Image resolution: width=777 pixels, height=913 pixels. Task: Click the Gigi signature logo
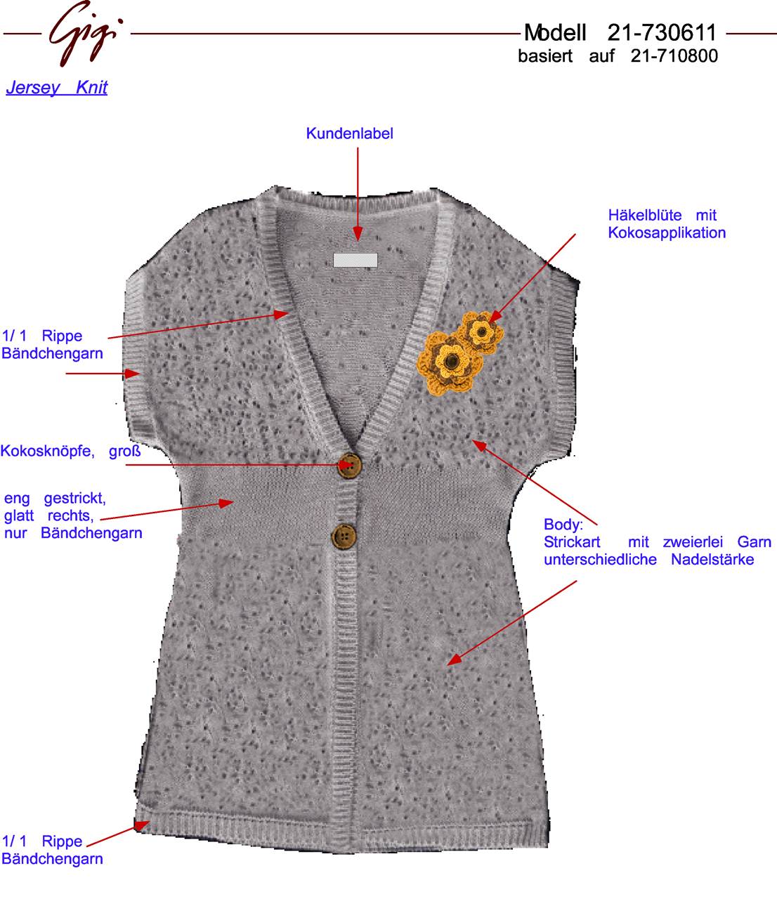85,33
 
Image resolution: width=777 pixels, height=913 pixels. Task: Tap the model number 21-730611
662,32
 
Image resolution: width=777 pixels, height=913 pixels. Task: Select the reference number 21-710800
674,56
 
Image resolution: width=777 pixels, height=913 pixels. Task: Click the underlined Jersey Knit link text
57,88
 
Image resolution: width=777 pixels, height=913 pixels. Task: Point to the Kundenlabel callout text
350,133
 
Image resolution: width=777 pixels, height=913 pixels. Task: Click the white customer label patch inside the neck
355,260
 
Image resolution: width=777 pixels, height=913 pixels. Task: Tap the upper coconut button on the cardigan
349,465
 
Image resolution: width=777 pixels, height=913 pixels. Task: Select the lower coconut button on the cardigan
344,537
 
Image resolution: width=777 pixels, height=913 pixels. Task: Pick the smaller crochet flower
481,331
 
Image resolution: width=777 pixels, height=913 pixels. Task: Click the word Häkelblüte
645,215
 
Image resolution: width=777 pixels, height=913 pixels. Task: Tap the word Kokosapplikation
667,232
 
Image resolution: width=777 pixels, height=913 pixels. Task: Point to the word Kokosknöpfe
48,451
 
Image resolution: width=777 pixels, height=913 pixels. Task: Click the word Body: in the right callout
563,525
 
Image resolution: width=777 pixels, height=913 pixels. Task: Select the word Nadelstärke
712,560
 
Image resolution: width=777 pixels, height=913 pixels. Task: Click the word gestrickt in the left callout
74,499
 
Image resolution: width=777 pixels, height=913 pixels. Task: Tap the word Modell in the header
555,33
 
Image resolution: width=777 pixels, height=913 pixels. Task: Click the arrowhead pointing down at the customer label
358,234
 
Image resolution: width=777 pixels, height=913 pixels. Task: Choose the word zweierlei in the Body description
693,542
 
